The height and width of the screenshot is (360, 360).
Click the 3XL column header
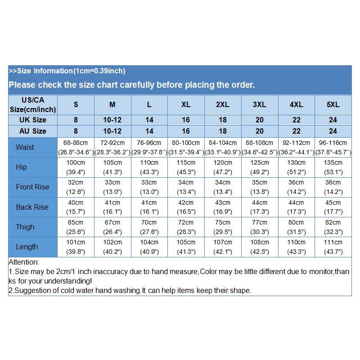260,104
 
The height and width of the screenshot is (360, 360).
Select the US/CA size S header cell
76,104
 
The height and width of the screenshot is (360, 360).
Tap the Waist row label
25,147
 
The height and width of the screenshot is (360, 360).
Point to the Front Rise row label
32,187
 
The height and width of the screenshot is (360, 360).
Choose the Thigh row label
25,227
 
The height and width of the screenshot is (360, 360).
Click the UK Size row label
32,120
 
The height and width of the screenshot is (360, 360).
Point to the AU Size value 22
296,131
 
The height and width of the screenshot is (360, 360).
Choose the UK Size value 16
186,120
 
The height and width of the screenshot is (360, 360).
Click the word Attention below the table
24,262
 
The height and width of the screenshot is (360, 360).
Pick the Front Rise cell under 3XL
260,187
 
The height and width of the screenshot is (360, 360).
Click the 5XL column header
333,104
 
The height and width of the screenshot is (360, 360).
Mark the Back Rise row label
32,207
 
